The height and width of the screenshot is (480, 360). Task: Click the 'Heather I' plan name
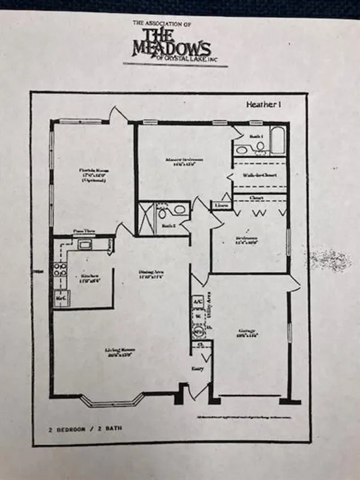(264, 104)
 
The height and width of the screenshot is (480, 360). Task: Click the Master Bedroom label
(184, 161)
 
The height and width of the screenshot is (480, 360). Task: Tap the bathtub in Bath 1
(278, 142)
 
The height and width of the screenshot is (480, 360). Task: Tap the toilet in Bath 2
(178, 210)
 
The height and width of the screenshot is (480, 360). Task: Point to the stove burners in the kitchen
(60, 271)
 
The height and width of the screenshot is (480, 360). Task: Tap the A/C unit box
(197, 302)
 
